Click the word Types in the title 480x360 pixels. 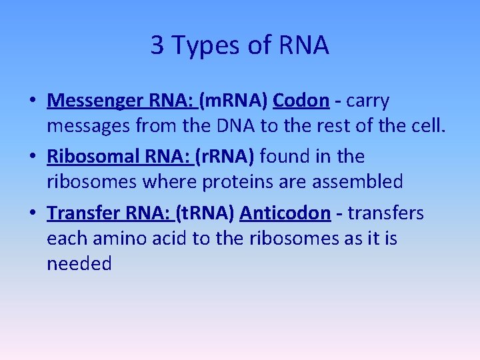click(199, 46)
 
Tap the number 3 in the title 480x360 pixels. click(157, 45)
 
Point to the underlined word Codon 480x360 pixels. click(301, 101)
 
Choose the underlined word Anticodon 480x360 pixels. click(285, 213)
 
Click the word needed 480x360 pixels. click(79, 263)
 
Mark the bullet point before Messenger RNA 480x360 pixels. click(32, 101)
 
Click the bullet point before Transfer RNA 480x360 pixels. click(32, 213)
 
